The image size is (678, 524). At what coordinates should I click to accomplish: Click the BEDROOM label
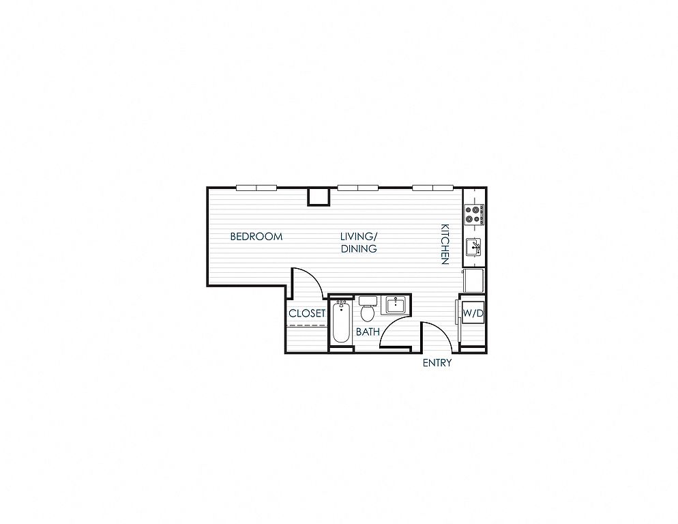[256, 237]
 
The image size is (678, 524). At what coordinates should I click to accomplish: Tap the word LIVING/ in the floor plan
[359, 237]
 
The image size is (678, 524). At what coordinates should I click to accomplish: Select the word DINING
[359, 249]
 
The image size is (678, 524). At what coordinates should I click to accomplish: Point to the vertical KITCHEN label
[445, 244]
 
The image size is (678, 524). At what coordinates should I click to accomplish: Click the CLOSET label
[307, 313]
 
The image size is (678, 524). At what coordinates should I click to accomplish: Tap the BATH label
[368, 332]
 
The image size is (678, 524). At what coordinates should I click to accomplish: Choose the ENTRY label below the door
[437, 363]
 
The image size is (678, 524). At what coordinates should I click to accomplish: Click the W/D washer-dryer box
[473, 313]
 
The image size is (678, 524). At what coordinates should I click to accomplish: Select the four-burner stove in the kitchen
[474, 215]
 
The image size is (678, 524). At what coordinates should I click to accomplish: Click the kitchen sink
[474, 248]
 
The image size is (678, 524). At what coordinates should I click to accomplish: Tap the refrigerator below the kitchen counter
[473, 280]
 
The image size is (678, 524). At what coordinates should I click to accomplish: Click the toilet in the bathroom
[368, 308]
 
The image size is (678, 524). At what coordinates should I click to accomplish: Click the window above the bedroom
[256, 188]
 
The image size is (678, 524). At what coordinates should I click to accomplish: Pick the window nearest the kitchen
[433, 188]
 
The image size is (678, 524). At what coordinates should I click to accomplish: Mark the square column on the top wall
[319, 197]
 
